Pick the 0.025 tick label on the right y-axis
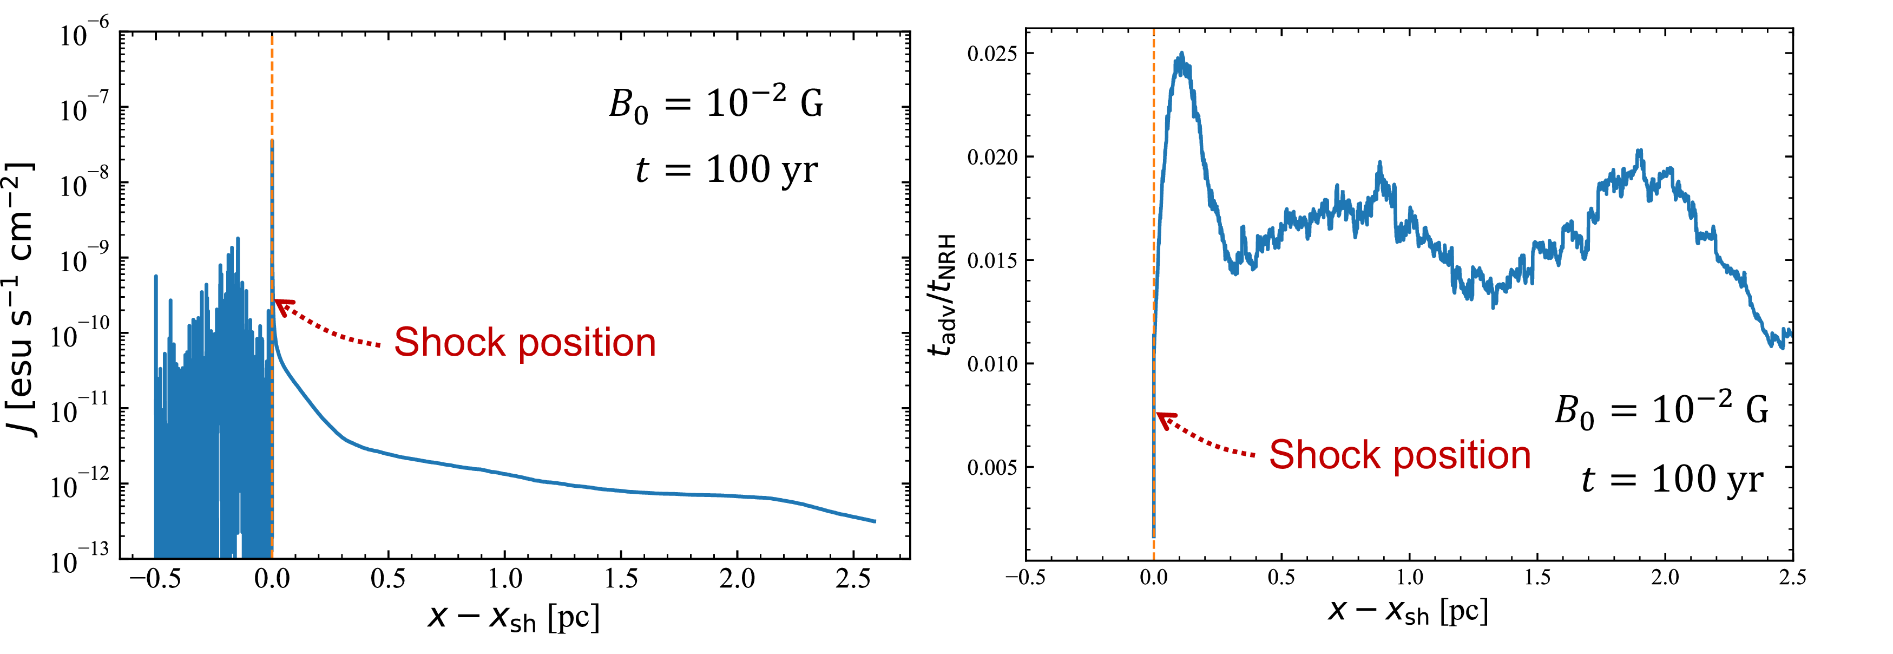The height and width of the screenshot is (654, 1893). tap(992, 54)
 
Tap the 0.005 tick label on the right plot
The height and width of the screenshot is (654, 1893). tap(992, 467)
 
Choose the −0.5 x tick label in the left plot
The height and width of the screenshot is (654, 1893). tap(154, 580)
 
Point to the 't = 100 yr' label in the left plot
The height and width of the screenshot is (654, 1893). tap(726, 171)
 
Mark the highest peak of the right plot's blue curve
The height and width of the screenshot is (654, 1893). tap(1182, 54)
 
